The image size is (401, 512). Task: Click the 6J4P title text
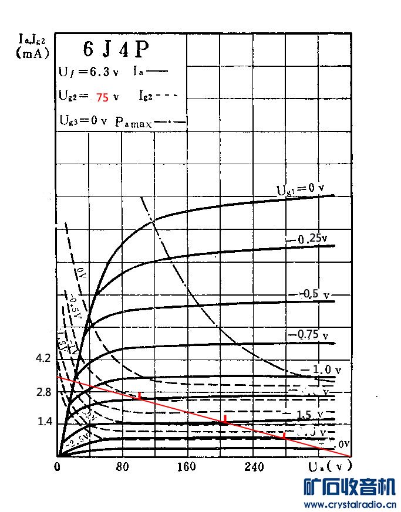[x=116, y=50]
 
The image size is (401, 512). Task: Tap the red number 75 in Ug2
[x=102, y=98]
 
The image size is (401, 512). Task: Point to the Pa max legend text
[x=133, y=123]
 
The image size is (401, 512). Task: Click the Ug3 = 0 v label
[x=83, y=120]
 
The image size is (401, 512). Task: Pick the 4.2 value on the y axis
[x=43, y=358]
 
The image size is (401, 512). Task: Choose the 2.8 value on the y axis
[x=43, y=392]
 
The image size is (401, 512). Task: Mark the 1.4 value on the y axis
[x=43, y=422]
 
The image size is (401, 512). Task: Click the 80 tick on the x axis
[x=122, y=467]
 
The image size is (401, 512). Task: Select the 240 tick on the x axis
[x=254, y=467]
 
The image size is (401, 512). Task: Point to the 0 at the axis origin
[x=58, y=467]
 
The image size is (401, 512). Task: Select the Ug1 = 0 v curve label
[x=301, y=189]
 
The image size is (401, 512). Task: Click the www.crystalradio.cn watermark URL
[x=349, y=504]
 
